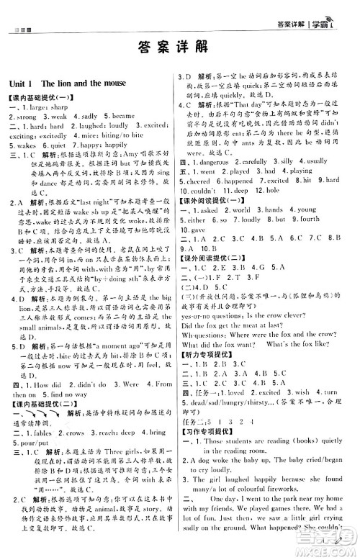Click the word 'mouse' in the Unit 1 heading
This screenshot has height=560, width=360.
tap(112, 83)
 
